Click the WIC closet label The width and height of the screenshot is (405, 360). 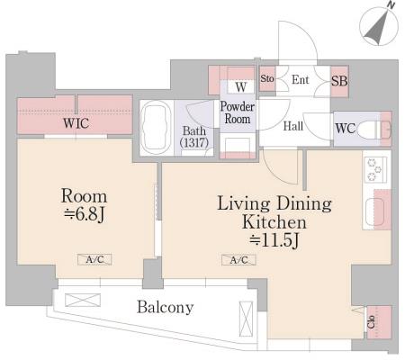point(76,123)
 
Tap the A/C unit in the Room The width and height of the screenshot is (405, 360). point(94,259)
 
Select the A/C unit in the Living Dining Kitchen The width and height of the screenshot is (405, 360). point(238,260)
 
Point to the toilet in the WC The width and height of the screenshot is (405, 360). point(374,130)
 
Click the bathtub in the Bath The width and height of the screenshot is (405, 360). point(156,128)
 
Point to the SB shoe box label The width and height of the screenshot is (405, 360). point(339,81)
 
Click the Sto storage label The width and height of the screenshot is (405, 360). point(267,78)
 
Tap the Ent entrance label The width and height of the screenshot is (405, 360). point(301,80)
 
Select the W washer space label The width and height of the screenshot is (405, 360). point(241,87)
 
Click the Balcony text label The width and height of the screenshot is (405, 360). point(165,307)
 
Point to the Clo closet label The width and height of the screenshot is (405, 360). point(372,321)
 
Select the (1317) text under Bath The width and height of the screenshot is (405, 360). point(194,142)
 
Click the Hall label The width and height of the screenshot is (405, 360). point(293,126)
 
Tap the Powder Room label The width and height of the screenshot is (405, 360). point(237,112)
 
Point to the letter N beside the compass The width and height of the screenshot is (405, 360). point(391,4)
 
